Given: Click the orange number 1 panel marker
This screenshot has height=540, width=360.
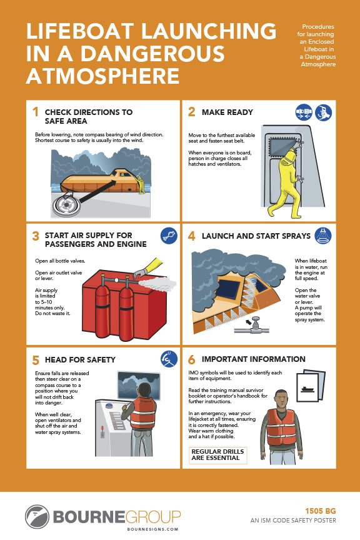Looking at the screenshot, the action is (x=35, y=112).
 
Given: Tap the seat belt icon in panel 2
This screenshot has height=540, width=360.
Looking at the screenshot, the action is (x=304, y=112).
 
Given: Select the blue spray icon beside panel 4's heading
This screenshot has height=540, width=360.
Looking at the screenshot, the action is (x=323, y=236).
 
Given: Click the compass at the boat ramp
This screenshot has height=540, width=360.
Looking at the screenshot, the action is (x=66, y=204).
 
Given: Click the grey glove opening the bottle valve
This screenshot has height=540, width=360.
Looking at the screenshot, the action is (x=140, y=273).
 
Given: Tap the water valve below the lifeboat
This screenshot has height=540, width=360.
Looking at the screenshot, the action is (x=254, y=326).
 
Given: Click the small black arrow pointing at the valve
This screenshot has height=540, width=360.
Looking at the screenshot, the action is (x=247, y=322).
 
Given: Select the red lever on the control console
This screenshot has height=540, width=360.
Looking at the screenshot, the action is (x=102, y=430).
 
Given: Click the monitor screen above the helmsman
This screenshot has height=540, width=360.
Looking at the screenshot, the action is (x=139, y=385).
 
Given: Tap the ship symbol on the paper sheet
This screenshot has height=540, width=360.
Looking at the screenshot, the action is (x=307, y=389).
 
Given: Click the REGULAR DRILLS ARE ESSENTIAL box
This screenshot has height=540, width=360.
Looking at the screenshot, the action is (x=217, y=455).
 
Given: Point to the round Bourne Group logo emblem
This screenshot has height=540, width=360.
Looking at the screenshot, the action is (x=37, y=517).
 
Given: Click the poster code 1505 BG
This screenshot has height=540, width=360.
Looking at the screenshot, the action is (x=320, y=511).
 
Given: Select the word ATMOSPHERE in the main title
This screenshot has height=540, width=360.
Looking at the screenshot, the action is (x=102, y=76).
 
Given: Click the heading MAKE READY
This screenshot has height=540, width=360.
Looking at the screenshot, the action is (x=227, y=112).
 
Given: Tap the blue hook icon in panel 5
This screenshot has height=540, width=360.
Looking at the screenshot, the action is (x=169, y=359).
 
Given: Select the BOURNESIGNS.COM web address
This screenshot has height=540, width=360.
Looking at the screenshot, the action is (x=152, y=529).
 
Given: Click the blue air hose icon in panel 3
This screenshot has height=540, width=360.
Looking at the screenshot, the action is (x=169, y=236).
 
